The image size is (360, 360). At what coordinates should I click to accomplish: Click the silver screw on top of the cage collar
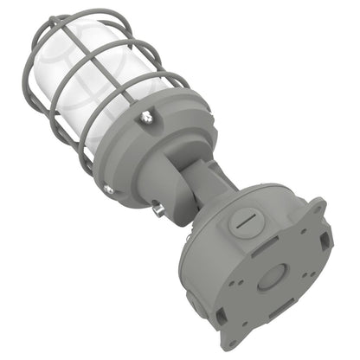click(147, 113)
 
